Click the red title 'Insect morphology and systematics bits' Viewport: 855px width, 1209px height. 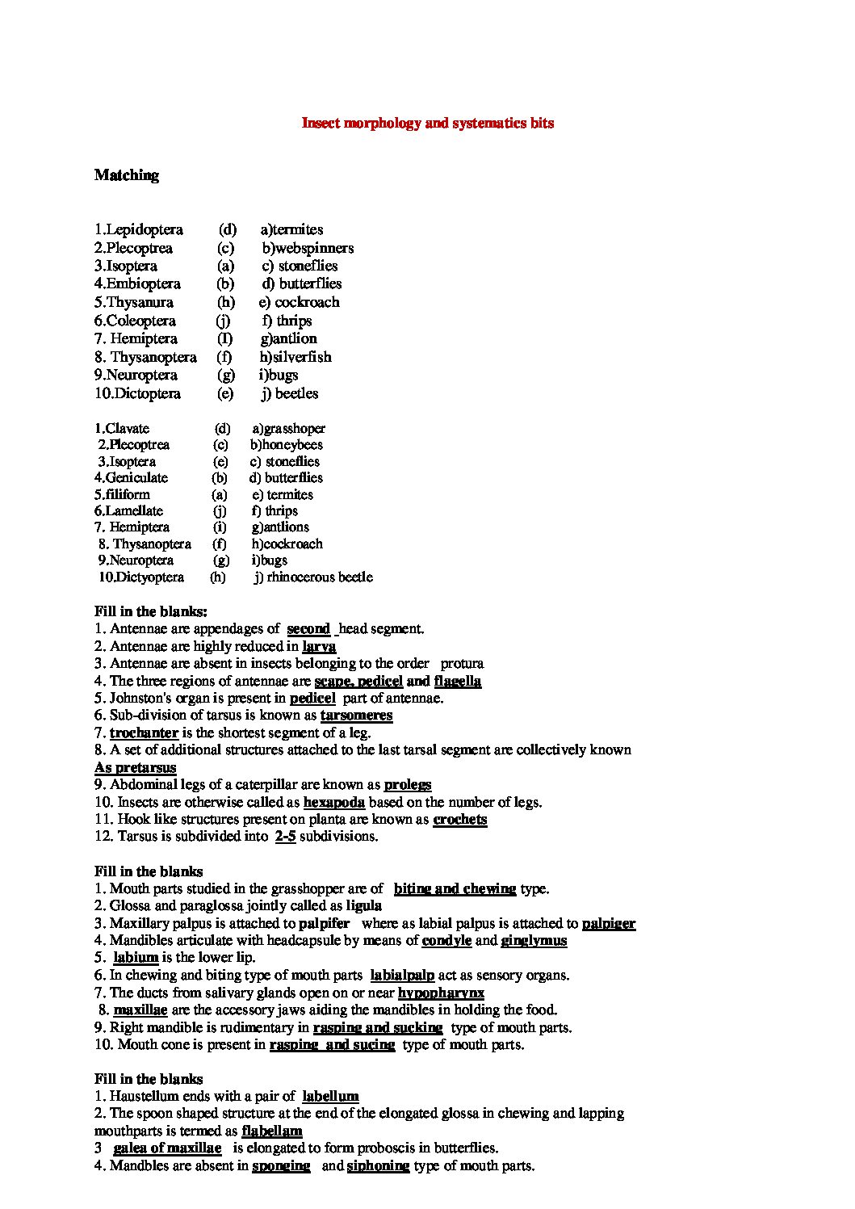(427, 124)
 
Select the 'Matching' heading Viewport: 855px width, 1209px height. (126, 175)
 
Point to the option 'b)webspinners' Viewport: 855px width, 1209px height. (308, 248)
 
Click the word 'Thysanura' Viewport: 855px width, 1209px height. (139, 303)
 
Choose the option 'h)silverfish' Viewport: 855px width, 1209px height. (295, 357)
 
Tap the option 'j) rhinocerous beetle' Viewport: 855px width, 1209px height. (313, 577)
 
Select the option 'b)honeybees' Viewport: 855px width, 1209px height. (287, 445)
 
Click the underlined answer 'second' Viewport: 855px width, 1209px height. (308, 629)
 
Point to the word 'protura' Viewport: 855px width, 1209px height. (462, 664)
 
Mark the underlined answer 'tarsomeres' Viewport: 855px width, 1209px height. (356, 716)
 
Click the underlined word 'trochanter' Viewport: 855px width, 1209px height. (144, 733)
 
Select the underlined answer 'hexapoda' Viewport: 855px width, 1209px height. (333, 803)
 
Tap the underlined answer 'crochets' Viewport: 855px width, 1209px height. (459, 820)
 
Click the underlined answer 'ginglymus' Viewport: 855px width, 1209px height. (534, 941)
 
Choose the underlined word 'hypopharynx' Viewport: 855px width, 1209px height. (441, 993)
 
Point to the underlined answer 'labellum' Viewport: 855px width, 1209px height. (330, 1097)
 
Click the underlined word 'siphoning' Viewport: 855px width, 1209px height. (378, 1166)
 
